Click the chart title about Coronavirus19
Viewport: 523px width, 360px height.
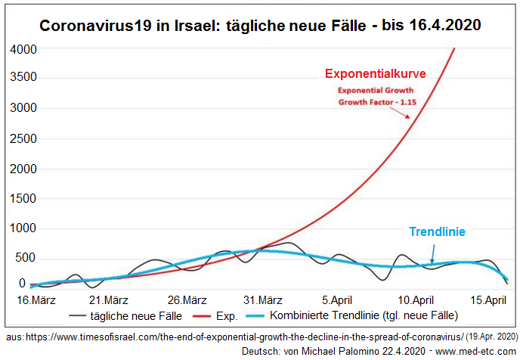click(x=260, y=25)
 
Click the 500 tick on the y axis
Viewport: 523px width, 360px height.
click(x=27, y=258)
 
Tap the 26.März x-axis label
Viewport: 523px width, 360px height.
click(x=187, y=299)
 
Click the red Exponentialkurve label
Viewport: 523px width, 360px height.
click(x=376, y=74)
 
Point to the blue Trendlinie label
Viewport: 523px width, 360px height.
click(x=437, y=232)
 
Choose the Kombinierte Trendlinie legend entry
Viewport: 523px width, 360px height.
click(x=363, y=315)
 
